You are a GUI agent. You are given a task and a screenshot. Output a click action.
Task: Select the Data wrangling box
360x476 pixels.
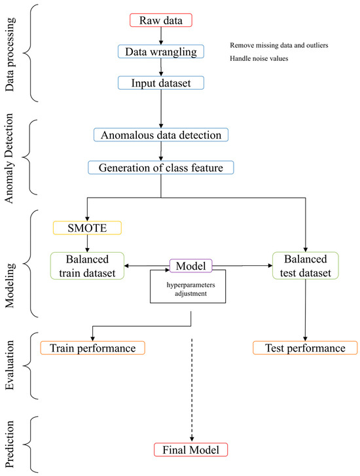(x=161, y=51)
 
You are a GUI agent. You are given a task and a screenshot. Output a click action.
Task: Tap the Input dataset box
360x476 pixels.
(x=160, y=82)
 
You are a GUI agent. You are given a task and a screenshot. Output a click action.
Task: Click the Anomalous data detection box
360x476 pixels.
(x=161, y=135)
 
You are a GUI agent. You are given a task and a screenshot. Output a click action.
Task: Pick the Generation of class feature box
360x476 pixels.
(x=161, y=167)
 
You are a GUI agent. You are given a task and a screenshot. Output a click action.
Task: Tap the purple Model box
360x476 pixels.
(x=191, y=265)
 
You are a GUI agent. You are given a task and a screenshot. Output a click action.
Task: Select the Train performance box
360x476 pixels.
(x=92, y=348)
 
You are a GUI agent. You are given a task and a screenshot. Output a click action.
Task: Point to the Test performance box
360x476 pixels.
(x=304, y=348)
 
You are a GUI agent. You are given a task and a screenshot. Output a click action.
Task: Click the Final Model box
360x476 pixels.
(x=190, y=449)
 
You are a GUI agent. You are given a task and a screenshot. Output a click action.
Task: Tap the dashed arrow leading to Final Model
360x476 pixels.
(x=190, y=393)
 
